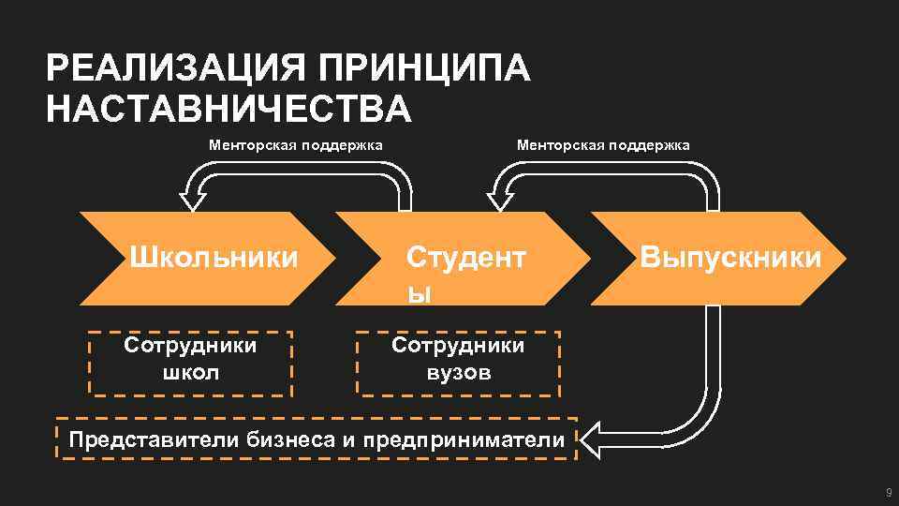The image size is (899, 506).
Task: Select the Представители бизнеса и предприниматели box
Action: click(x=317, y=439)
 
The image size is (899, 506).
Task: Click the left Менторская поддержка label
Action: click(x=295, y=145)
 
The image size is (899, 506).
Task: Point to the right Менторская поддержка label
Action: click(x=603, y=145)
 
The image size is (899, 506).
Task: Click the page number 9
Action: click(x=888, y=494)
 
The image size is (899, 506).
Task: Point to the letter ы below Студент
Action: click(x=418, y=293)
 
